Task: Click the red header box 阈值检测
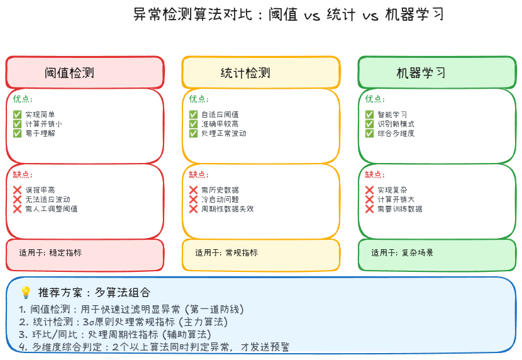point(85,72)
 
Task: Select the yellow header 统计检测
point(261,72)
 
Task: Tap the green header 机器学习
point(437,72)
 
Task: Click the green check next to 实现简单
point(18,115)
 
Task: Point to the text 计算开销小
point(43,124)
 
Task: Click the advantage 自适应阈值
point(220,115)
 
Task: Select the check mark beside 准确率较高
point(194,124)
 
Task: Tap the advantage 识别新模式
point(396,124)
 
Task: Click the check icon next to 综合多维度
point(370,133)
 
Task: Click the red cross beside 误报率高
point(18,190)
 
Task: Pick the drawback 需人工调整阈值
point(52,209)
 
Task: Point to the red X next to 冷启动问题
point(194,200)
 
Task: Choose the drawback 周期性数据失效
point(228,209)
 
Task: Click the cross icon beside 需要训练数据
point(370,209)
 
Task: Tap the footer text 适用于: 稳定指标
point(50,253)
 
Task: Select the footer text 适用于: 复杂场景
point(402,253)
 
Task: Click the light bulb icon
point(26,293)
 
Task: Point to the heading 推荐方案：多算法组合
point(94,293)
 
